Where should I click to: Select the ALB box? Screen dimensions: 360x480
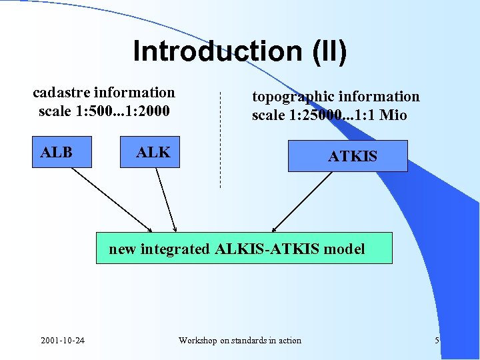[56, 152]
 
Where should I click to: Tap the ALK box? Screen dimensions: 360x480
[153, 152]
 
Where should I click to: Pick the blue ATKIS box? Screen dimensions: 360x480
[347, 156]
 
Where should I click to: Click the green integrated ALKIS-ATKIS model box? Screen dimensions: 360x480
[244, 248]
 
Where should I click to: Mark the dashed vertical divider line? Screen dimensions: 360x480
[220, 140]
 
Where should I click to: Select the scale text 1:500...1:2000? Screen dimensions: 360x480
[123, 111]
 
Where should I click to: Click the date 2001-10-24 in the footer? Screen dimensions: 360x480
[63, 341]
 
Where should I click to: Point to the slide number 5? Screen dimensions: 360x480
[437, 341]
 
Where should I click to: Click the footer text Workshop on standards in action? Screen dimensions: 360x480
[240, 341]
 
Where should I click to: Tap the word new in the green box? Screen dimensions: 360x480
[122, 249]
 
